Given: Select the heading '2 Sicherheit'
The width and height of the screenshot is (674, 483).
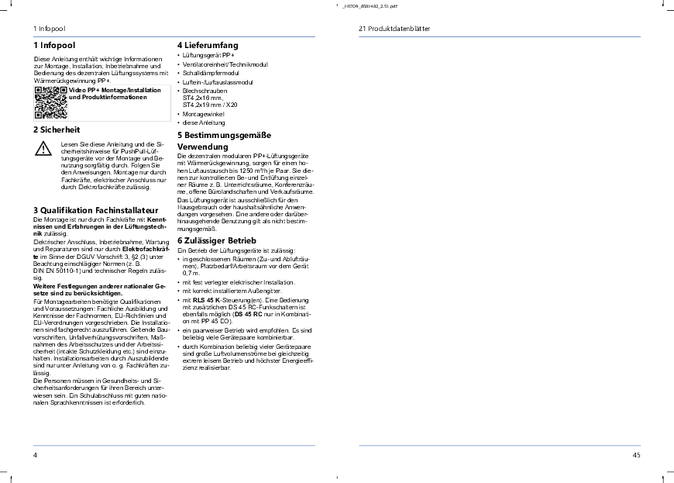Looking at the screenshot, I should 57,129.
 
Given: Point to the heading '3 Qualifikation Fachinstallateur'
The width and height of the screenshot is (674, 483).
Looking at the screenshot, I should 96,210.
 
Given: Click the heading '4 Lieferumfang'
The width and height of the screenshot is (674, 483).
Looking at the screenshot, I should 207,45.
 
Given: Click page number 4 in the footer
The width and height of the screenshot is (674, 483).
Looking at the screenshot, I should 36,455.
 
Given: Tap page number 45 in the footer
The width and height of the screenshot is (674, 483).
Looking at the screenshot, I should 636,455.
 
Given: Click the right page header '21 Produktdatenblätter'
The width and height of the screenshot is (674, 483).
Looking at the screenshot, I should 394,28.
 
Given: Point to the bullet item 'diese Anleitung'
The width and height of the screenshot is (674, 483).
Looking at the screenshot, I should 203,122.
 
